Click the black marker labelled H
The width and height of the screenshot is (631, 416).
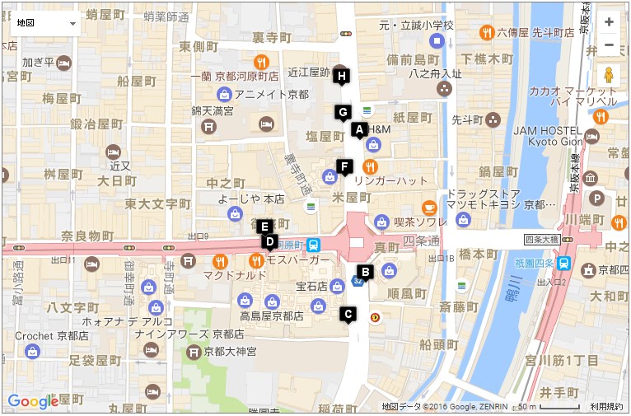[x=343, y=76]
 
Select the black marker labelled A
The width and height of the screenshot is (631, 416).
[x=358, y=129]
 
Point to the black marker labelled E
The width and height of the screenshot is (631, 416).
[x=264, y=226]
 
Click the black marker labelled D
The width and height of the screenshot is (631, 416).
[x=269, y=241]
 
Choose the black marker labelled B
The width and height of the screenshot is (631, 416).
[x=366, y=271]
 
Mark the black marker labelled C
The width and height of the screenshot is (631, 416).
[x=348, y=313]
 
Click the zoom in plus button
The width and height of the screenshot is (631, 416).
[x=609, y=22]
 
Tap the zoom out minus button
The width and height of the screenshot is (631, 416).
[x=609, y=44]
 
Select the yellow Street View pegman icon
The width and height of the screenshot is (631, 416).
[x=609, y=75]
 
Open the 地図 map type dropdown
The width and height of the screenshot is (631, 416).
[x=45, y=23]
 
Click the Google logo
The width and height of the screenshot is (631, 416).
[x=33, y=401]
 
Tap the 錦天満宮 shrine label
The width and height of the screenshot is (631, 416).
[x=213, y=110]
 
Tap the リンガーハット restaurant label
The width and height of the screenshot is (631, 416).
[x=391, y=180]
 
